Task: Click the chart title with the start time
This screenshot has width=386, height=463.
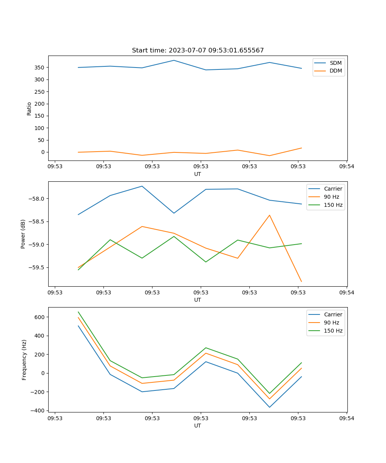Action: (198, 51)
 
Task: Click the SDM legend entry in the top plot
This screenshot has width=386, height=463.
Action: (335, 63)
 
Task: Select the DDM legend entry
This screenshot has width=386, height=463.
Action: (335, 71)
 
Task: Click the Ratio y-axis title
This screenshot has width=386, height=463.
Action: (29, 108)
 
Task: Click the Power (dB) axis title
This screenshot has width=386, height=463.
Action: (23, 234)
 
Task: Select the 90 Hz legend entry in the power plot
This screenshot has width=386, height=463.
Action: (331, 197)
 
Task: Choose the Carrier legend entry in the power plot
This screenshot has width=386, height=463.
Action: (333, 189)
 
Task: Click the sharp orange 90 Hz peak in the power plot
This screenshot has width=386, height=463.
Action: (269, 215)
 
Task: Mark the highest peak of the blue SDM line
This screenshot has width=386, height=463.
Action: (174, 60)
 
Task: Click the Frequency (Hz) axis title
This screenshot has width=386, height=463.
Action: (24, 360)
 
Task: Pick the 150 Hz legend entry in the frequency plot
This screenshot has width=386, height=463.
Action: (333, 331)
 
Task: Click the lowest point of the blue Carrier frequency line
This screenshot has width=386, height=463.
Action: (269, 407)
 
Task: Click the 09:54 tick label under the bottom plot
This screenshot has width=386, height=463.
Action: (347, 418)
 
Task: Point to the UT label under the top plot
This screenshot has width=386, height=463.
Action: (198, 174)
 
